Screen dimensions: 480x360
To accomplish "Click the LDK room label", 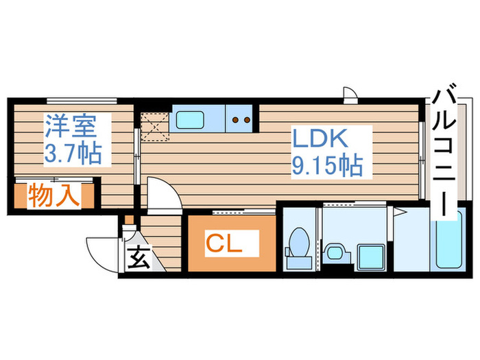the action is click(x=322, y=139).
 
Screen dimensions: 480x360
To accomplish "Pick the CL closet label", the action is click(x=224, y=243).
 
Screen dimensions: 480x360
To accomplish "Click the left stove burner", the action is click(x=235, y=119).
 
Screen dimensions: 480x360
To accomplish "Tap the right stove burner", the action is click(x=247, y=119).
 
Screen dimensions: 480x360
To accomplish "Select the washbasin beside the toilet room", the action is click(x=336, y=253).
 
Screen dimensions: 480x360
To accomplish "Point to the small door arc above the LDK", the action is click(x=349, y=94).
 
